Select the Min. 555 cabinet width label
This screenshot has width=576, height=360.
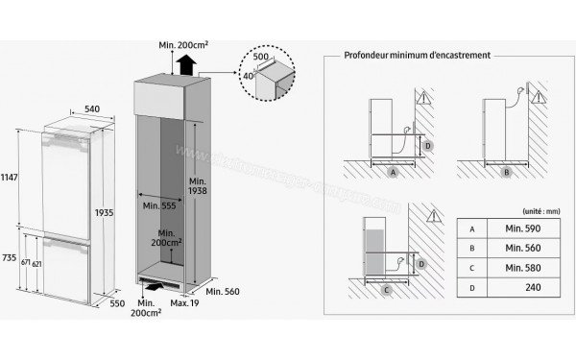click(x=158, y=205)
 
